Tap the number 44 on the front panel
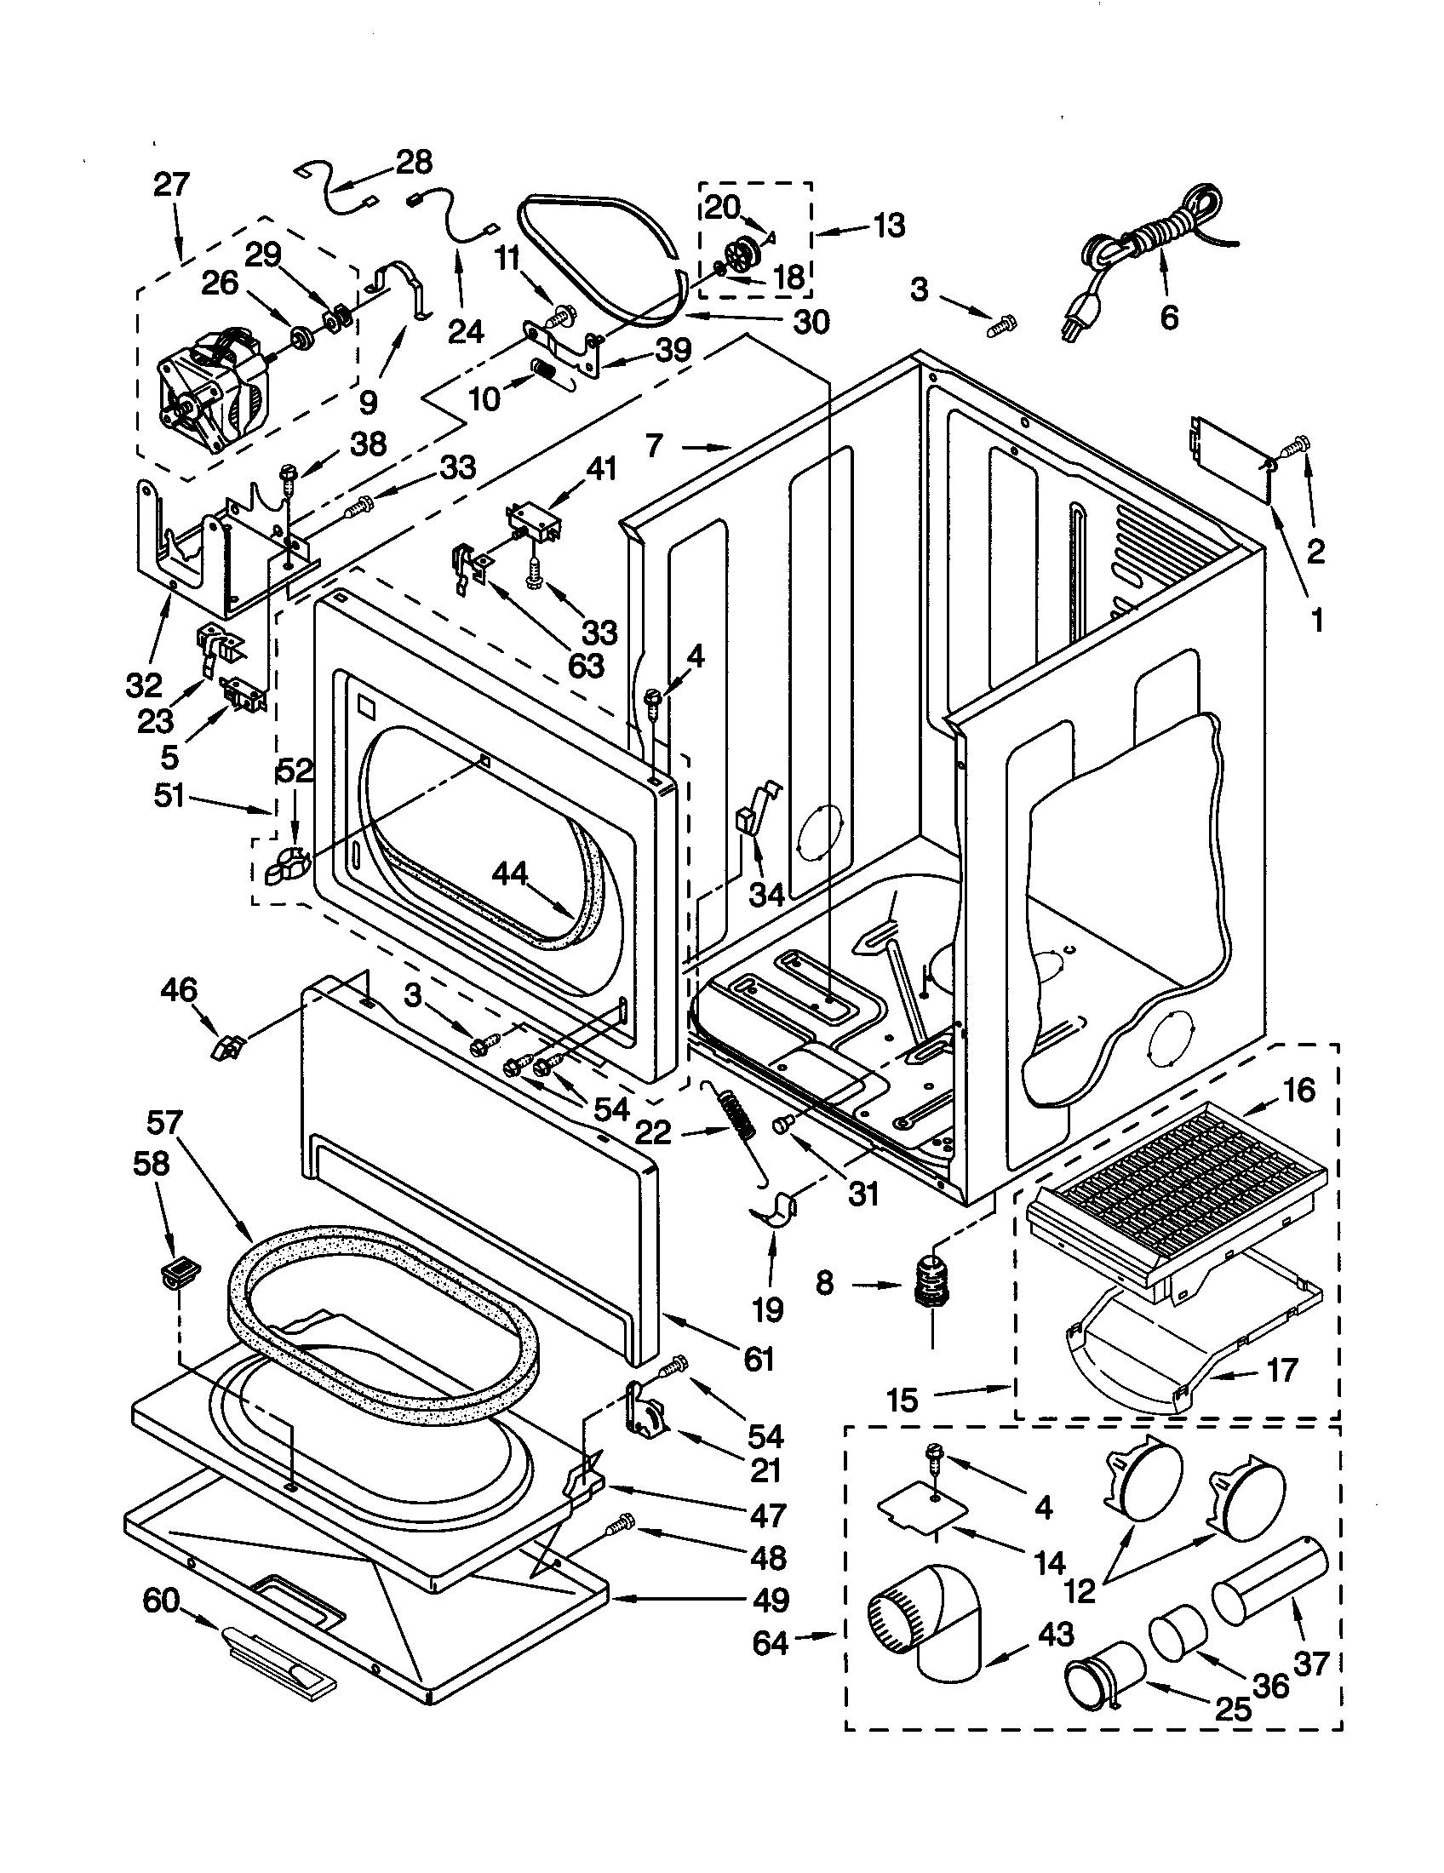click(x=511, y=874)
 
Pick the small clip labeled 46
click(x=226, y=1046)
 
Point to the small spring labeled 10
click(x=544, y=370)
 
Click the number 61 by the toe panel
click(x=759, y=1360)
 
